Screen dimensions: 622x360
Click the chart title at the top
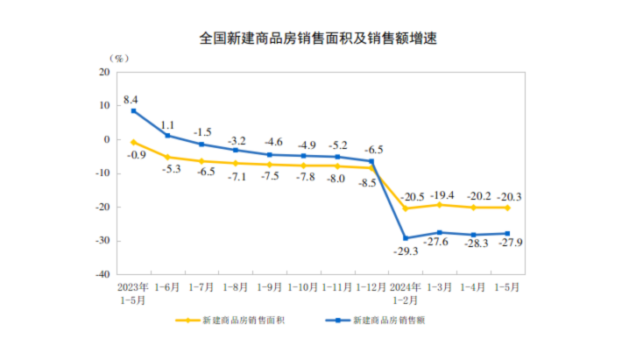pyautogui.click(x=318, y=39)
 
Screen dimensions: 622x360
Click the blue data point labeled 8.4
pyautogui.click(x=134, y=111)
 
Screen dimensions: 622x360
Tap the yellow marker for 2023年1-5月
pyautogui.click(x=134, y=142)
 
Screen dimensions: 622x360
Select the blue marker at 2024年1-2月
pyautogui.click(x=406, y=238)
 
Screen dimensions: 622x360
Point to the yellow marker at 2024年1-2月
pyautogui.click(x=406, y=208)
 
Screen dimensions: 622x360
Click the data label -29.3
pyautogui.click(x=406, y=251)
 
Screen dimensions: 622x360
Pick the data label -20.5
pyautogui.click(x=413, y=197)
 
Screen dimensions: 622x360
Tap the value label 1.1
pyautogui.click(x=167, y=125)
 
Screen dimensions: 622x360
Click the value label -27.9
pyautogui.click(x=511, y=243)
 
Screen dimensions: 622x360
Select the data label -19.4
pyautogui.click(x=442, y=195)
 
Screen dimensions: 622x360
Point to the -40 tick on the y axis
pyautogui.click(x=102, y=274)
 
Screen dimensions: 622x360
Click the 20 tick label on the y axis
pyautogui.click(x=105, y=72)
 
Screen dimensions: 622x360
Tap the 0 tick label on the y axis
pyautogui.click(x=107, y=139)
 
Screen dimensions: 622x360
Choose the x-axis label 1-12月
pyautogui.click(x=371, y=287)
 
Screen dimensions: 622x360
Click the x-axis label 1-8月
pyautogui.click(x=236, y=287)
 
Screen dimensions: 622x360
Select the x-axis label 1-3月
pyautogui.click(x=440, y=287)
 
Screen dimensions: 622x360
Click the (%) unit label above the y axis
pyautogui.click(x=119, y=59)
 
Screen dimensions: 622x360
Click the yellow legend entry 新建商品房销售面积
pyautogui.click(x=230, y=321)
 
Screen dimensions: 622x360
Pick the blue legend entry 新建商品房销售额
pyautogui.click(x=375, y=321)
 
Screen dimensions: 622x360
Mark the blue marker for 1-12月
pyautogui.click(x=371, y=161)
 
